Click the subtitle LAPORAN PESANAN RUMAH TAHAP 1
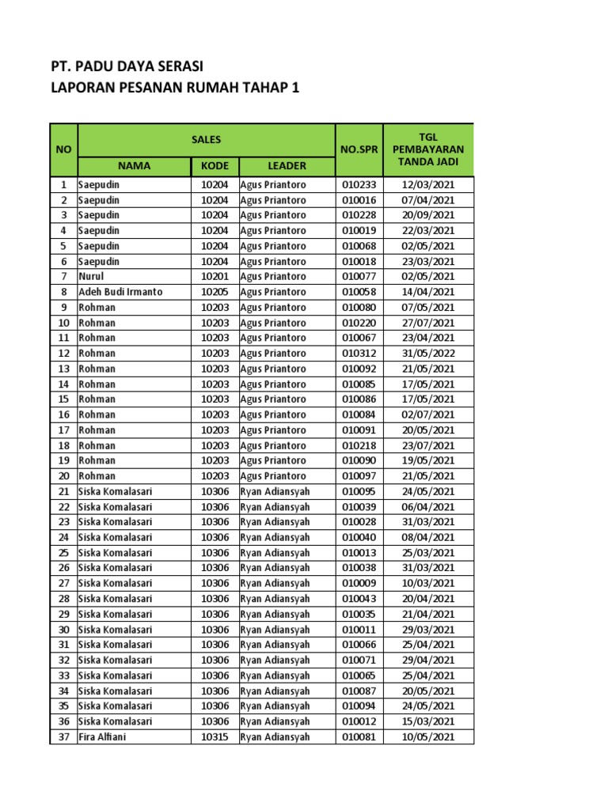coord(175,88)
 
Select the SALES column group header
coord(206,140)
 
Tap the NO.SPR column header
coord(359,150)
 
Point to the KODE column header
coord(214,166)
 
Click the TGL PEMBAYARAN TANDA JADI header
coord(427,149)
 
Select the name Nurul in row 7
coord(91,277)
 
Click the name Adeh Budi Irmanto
coord(120,292)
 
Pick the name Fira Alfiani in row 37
coord(102,737)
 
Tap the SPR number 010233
coord(359,185)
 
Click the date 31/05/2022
coord(427,354)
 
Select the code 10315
coord(214,737)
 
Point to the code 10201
coord(214,277)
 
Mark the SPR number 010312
coord(359,354)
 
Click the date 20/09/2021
coord(427,215)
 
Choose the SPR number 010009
coord(359,584)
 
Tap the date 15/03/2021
coord(427,721)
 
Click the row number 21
coord(63,492)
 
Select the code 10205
coord(214,292)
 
